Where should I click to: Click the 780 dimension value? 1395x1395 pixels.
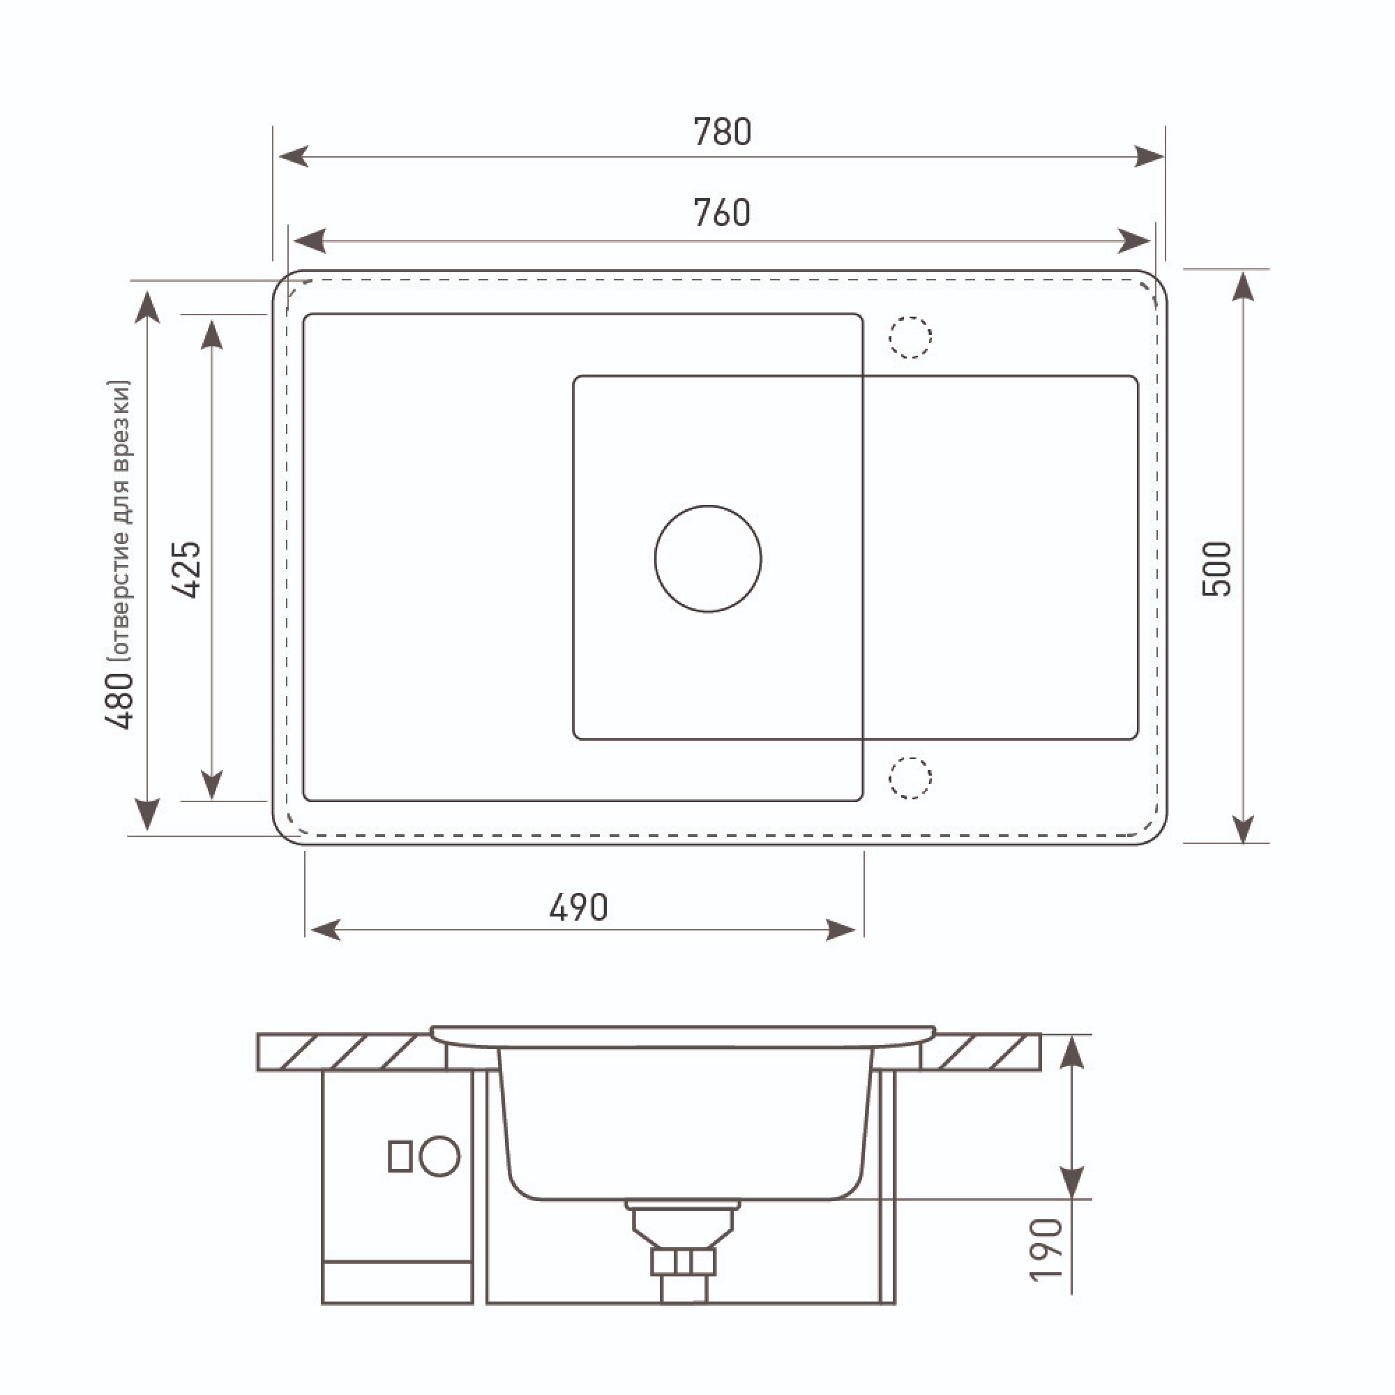722,132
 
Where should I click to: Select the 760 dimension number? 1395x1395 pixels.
722,213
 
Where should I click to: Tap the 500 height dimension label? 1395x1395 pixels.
1216,569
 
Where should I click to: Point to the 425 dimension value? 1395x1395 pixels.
186,569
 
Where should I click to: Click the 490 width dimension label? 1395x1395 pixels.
578,908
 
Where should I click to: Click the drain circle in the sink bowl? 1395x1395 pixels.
709,506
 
